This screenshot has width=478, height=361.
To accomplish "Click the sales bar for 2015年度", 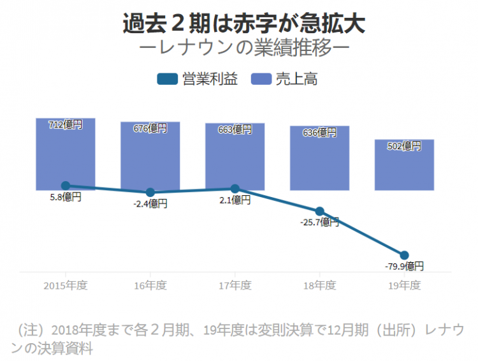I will [x=66, y=156].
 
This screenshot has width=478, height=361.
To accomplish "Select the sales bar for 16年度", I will [x=150, y=159].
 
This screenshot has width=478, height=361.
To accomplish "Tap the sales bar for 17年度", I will [x=235, y=159].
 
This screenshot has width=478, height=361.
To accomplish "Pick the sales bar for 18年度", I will [x=319, y=163].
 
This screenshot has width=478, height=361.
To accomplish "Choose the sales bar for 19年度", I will [x=404, y=167].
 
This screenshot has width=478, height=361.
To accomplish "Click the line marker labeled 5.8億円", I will [x=66, y=186].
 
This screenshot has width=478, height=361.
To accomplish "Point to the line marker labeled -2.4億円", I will [x=150, y=192].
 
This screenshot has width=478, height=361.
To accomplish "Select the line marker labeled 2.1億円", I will [x=235, y=189].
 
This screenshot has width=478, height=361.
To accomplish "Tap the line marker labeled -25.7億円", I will [x=319, y=211].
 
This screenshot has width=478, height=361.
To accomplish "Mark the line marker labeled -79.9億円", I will [x=404, y=255].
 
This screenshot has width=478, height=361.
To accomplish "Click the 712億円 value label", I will [x=66, y=125].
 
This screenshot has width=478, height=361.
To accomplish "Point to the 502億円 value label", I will [x=404, y=146].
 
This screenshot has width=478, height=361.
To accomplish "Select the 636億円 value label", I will [x=319, y=133].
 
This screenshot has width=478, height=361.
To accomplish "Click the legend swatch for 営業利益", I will [x=168, y=79].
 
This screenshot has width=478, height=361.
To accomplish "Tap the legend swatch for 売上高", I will [x=261, y=79].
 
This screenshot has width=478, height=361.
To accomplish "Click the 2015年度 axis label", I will [x=66, y=285].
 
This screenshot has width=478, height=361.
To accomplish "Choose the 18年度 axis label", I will [x=319, y=285].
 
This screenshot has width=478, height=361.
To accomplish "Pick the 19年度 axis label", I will [x=404, y=285].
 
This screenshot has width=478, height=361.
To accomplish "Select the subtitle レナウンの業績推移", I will [x=243, y=49].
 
